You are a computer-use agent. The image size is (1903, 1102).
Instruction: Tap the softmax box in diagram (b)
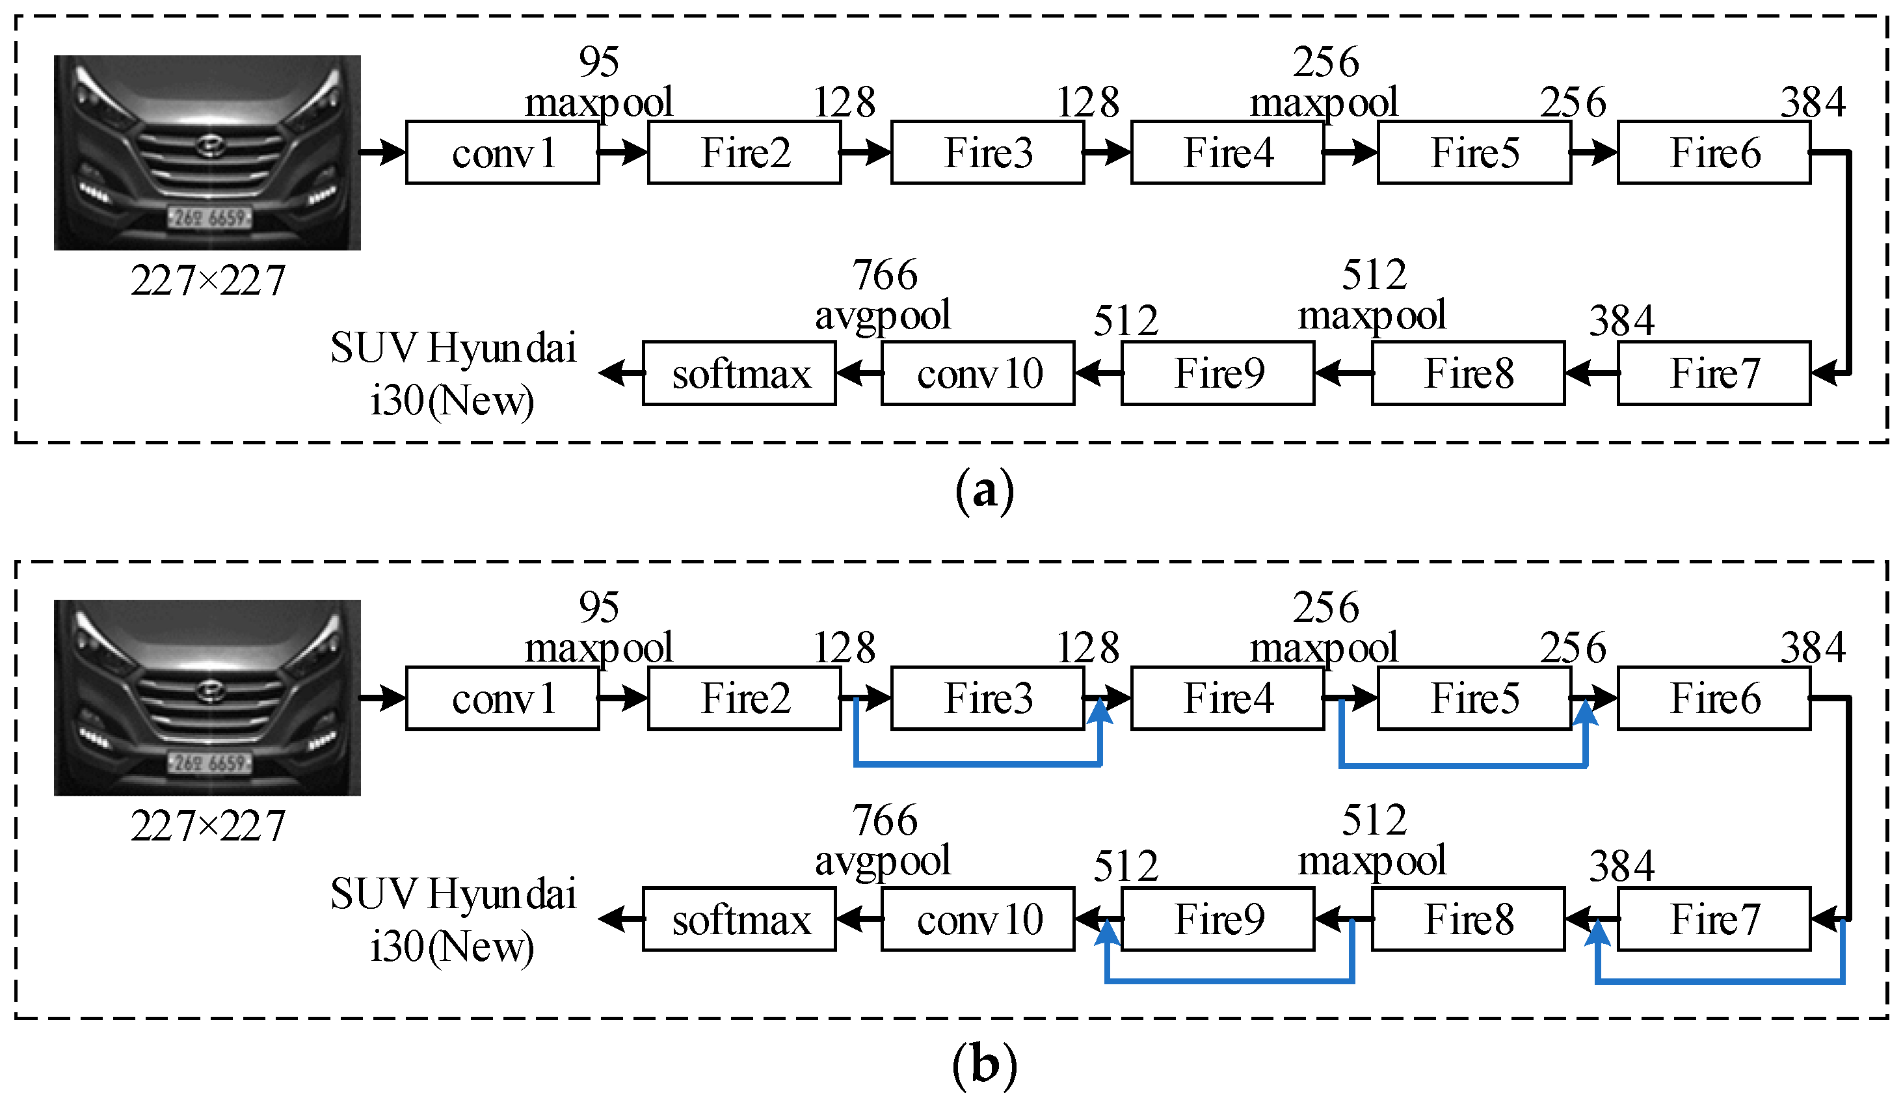coord(739,919)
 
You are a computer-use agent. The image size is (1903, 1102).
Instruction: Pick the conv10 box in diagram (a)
coord(978,374)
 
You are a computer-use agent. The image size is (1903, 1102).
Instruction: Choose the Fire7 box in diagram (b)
coord(1714,919)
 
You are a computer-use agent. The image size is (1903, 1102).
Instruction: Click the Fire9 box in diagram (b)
coord(1218,919)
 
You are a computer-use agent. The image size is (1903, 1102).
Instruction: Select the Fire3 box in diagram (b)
coord(988,698)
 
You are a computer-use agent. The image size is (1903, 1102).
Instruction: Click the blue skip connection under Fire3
coord(978,764)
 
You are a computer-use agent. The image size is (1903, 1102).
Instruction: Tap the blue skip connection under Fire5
coord(1463,765)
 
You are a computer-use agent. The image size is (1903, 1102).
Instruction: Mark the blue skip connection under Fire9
coord(1229,981)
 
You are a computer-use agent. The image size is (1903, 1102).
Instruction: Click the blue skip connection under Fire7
coord(1720,981)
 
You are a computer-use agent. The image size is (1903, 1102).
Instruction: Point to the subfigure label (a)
coord(984,492)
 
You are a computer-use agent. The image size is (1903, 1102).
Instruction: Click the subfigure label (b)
coord(984,1065)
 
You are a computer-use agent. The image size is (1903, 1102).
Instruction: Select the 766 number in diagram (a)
coord(885,274)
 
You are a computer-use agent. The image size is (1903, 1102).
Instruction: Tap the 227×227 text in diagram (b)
coord(207,826)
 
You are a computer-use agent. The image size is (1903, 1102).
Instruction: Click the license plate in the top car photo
coord(209,217)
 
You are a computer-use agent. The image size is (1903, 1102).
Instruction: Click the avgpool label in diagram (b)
coord(882,862)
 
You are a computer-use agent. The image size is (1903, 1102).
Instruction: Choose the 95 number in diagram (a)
coord(599,61)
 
